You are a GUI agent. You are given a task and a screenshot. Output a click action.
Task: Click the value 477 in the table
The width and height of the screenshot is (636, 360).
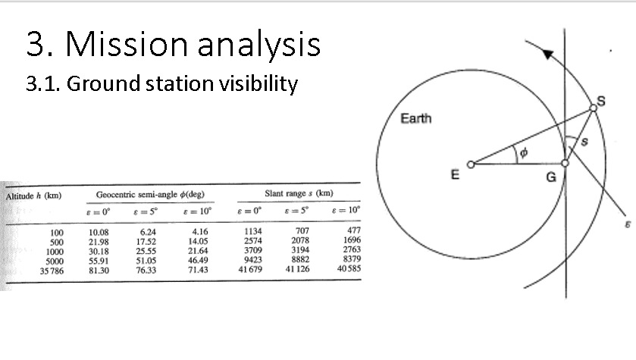point(353,230)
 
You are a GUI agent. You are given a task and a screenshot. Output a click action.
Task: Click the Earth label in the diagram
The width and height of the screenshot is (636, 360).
point(416,120)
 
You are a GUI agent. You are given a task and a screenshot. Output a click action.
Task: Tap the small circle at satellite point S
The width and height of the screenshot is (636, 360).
point(593,109)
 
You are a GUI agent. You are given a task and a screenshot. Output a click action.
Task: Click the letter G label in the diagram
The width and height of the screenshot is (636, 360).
point(552,178)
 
